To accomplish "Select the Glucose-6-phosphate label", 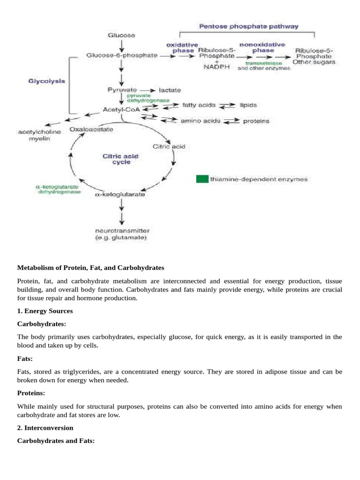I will click(122, 55).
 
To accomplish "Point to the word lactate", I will click(170, 90).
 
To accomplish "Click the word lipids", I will click(248, 105).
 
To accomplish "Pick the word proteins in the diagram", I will click(256, 121).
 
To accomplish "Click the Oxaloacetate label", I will click(91, 129).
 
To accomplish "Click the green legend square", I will click(202, 179).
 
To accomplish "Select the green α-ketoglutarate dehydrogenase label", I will click(58, 189).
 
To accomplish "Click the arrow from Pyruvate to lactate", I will click(148, 90).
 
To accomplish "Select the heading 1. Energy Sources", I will click(45, 311).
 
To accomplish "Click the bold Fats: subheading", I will click(25, 359).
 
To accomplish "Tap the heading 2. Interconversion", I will click(45, 428).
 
